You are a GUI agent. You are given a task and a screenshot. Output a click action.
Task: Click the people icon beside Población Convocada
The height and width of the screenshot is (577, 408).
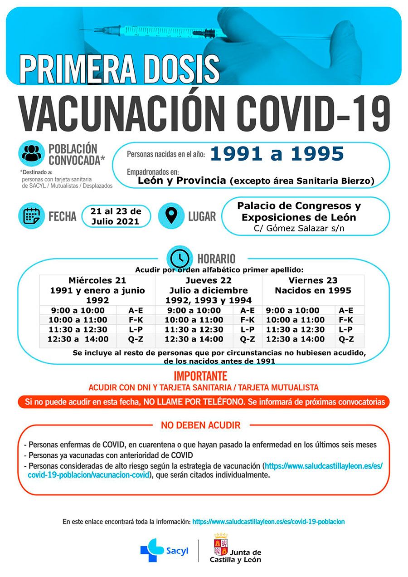pyautogui.click(x=31, y=153)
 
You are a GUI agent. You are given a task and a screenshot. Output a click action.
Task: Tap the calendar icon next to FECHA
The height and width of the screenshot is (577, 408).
pyautogui.click(x=31, y=215)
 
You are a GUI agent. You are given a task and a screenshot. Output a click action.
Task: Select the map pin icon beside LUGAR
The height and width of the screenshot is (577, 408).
pyautogui.click(x=171, y=215)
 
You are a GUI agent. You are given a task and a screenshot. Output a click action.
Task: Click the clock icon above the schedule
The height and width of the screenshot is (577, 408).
pyautogui.click(x=180, y=259)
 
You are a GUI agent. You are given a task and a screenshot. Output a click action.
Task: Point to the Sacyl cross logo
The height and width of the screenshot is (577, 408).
pyautogui.click(x=152, y=550)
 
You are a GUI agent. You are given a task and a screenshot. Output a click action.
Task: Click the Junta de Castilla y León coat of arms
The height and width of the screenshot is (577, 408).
pyautogui.click(x=221, y=544)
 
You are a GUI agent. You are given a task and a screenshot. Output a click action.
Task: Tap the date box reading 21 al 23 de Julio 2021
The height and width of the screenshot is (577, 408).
pyautogui.click(x=116, y=216)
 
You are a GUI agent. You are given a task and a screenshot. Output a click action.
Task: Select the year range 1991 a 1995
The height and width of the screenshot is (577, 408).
pyautogui.click(x=277, y=154)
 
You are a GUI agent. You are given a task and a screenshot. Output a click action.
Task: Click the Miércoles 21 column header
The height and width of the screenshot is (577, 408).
pyautogui.click(x=97, y=280)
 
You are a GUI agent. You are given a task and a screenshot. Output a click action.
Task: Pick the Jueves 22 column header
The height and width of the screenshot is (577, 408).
pyautogui.click(x=209, y=280)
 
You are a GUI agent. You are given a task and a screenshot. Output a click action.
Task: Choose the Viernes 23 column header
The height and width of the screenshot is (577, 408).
pyautogui.click(x=313, y=280)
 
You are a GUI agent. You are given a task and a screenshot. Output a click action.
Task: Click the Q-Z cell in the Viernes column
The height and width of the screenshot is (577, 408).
pyautogui.click(x=346, y=339)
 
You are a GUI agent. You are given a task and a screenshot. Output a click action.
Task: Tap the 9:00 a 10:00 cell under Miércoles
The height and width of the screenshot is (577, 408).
pyautogui.click(x=78, y=311)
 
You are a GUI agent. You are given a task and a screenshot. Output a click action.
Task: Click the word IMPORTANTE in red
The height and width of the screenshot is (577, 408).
pyautogui.click(x=200, y=376)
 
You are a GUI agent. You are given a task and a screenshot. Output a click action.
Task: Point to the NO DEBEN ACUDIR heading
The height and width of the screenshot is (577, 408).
pyautogui.click(x=201, y=425)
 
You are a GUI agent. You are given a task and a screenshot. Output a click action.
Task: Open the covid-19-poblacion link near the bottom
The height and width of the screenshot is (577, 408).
pyautogui.click(x=268, y=522)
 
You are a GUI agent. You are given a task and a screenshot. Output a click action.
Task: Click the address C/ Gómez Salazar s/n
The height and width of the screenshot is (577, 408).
pyautogui.click(x=299, y=228)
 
